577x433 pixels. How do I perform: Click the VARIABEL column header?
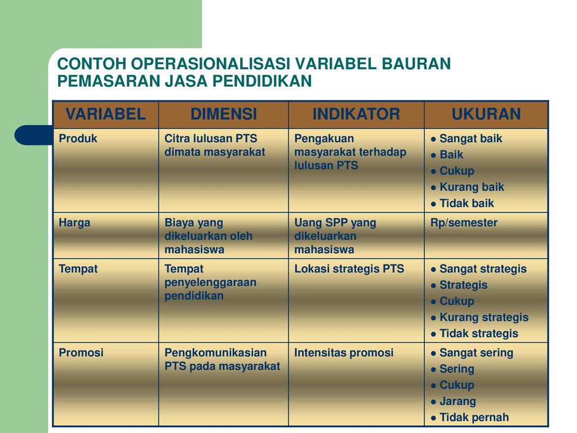click(105, 114)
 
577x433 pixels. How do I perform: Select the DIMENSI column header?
click(224, 114)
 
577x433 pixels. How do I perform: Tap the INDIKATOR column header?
click(356, 114)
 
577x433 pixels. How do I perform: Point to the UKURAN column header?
click(486, 114)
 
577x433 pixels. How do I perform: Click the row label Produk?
click(78, 139)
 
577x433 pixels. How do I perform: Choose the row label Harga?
click(74, 223)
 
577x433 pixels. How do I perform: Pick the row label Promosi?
click(81, 353)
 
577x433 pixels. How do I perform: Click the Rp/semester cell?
click(464, 223)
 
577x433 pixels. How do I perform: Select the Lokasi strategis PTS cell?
click(349, 269)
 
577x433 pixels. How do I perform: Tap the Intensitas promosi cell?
click(344, 353)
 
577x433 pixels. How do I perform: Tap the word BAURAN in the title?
click(416, 64)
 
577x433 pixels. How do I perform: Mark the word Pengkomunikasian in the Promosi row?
click(215, 353)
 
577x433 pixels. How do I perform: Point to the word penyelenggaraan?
click(211, 283)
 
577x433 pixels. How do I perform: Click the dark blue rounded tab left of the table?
click(34, 135)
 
